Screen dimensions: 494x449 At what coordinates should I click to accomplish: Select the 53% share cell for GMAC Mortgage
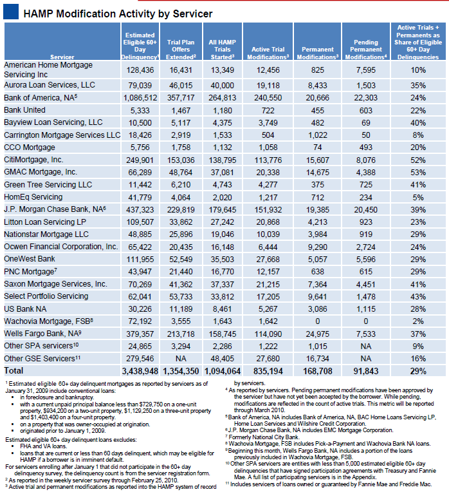(417, 172)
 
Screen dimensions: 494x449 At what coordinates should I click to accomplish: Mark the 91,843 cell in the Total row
(366, 372)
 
